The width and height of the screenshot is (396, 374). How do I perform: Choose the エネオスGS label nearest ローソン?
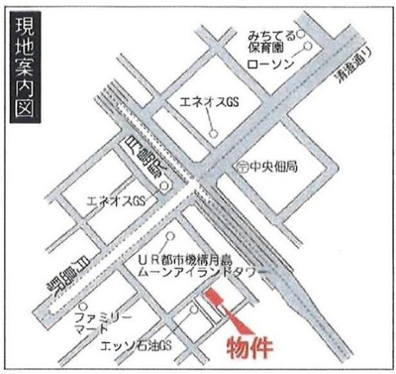pos(205,103)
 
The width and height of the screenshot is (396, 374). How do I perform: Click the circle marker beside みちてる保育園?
pos(310,46)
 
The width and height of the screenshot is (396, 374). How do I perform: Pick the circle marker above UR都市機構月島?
pos(173,236)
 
